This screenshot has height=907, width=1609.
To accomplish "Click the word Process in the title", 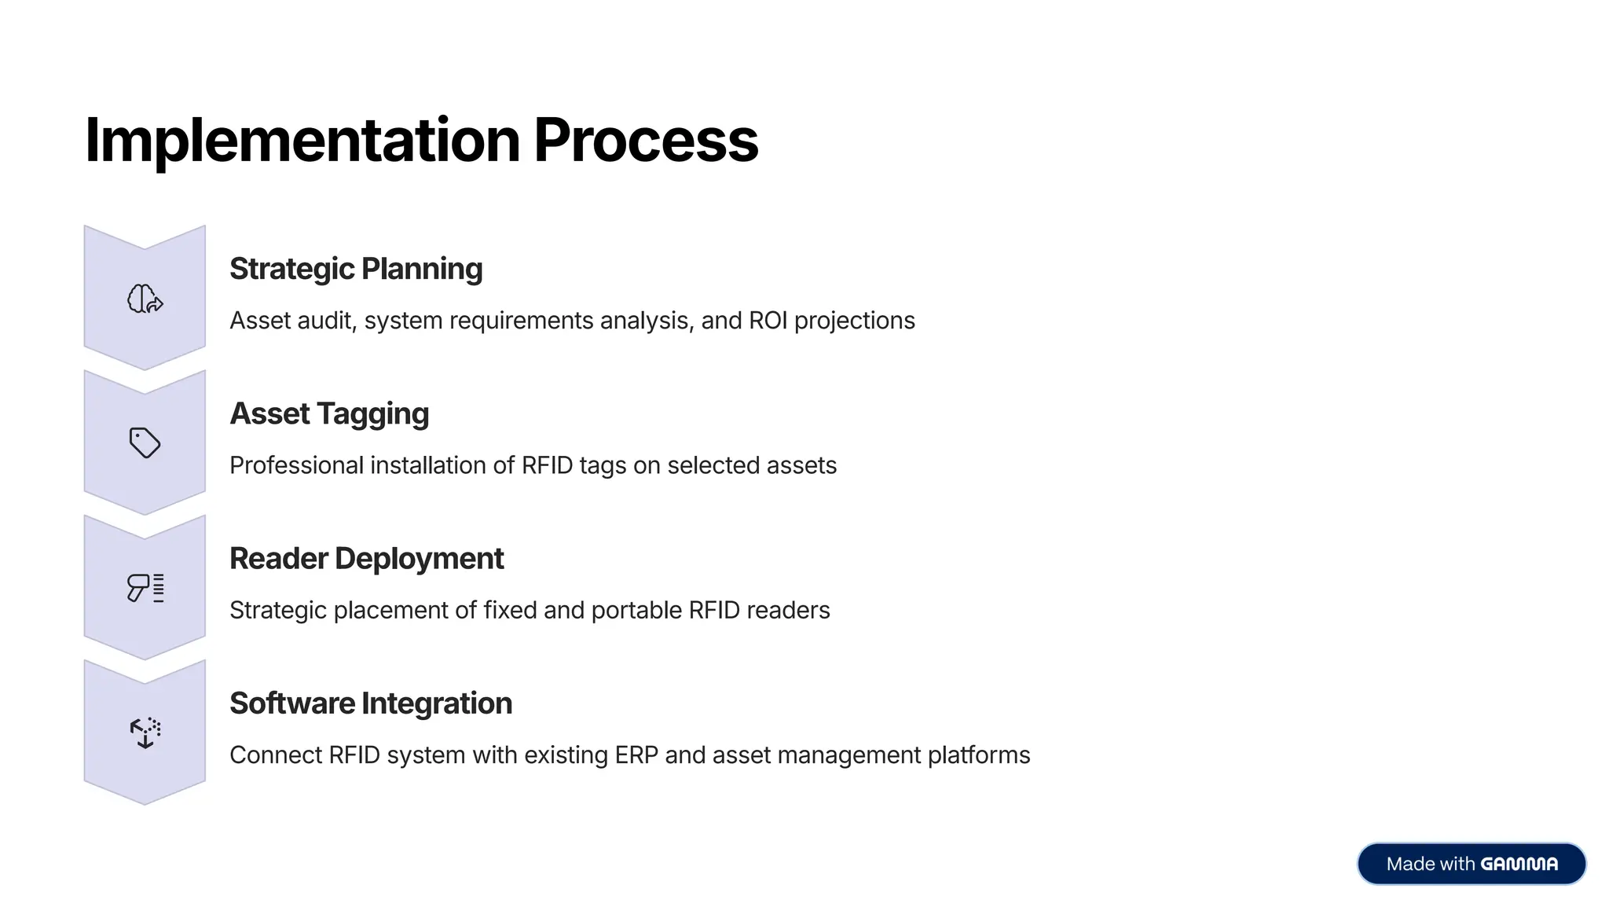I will coord(646,140).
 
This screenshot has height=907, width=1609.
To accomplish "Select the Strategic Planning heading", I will coord(356,269).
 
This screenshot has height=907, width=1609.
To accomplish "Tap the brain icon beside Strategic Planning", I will coord(145,299).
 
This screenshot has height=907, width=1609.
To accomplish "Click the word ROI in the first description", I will coord(768,321).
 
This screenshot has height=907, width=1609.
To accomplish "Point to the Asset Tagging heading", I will coord(329,413).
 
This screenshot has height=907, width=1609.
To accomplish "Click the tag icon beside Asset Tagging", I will coord(145,442).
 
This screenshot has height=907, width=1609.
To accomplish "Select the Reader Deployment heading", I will coord(366,559).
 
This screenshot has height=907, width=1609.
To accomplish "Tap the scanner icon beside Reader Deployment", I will coord(145,587).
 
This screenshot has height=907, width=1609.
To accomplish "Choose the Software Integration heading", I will coord(370,703).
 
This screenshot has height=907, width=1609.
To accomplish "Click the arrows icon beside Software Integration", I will coord(145,733).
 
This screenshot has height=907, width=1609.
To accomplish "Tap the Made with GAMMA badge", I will coord(1471,864).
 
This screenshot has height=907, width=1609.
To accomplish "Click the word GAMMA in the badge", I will coord(1519,864).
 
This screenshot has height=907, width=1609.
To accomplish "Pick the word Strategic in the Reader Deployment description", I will coord(278,611).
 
